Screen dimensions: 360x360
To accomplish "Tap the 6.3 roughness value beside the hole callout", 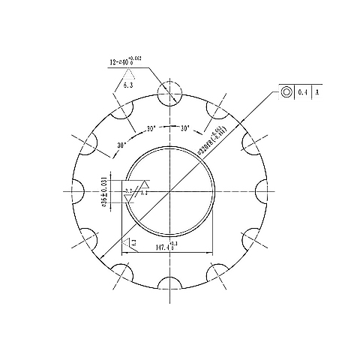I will [127, 86].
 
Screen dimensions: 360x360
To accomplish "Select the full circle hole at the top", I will [169, 92].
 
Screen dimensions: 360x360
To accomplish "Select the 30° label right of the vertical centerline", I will [185, 129].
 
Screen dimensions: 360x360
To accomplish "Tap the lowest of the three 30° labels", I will [121, 144].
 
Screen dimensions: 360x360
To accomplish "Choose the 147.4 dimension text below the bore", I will [165, 247].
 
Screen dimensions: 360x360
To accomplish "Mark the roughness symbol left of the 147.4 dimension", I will [132, 241].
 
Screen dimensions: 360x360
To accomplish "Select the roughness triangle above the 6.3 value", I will [130, 73].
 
